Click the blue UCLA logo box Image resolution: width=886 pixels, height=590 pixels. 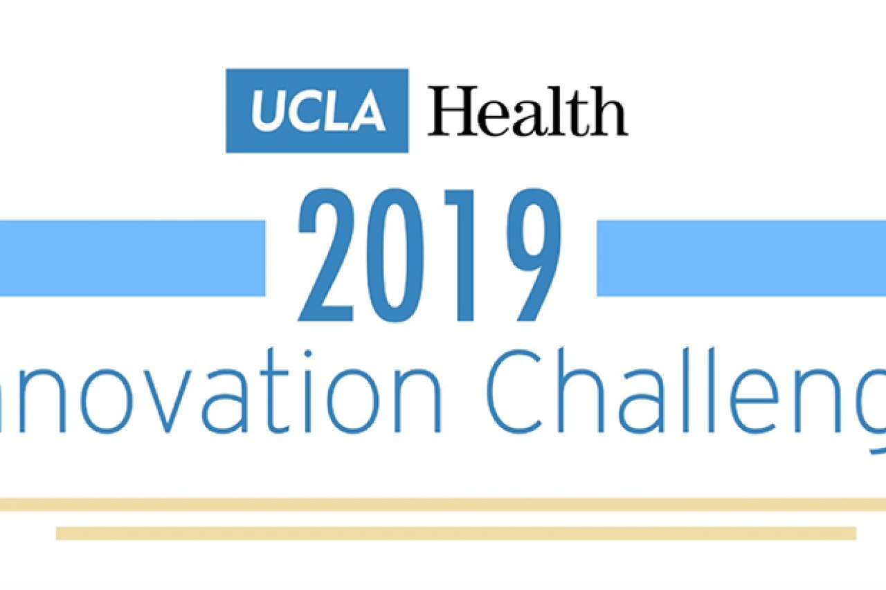317,111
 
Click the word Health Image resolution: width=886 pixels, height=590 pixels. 527,111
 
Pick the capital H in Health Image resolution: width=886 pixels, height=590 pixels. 451,111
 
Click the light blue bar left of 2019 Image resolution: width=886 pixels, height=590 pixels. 132,258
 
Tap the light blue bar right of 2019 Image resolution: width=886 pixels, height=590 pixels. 741,258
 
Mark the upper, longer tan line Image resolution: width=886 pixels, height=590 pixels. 443,504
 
